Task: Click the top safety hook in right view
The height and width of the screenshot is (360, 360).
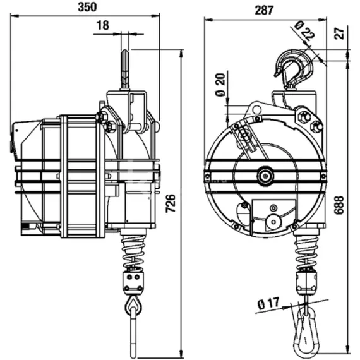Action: click(x=291, y=68)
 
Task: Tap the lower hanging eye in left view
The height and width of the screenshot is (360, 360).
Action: click(x=133, y=308)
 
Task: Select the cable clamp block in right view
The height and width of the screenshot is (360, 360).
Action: click(x=305, y=279)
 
